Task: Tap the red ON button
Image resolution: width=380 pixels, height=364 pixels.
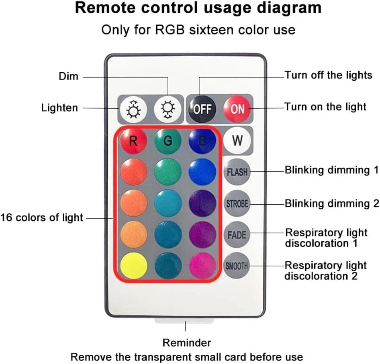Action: tap(237, 108)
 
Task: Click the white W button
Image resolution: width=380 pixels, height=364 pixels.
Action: tap(237, 141)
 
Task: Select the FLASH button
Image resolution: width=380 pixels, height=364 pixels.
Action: tap(237, 172)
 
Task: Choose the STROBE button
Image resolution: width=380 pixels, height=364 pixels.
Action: tap(237, 203)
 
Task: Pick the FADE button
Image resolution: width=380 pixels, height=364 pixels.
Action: tap(237, 234)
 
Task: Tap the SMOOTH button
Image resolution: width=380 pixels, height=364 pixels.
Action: tap(237, 265)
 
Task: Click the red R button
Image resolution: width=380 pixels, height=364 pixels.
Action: tap(133, 141)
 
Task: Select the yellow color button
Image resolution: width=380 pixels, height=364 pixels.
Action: tap(133, 266)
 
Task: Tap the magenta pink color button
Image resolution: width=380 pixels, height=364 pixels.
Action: tap(202, 266)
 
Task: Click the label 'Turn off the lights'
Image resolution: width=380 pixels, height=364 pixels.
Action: tap(328, 75)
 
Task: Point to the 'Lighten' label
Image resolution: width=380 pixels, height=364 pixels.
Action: tap(59, 108)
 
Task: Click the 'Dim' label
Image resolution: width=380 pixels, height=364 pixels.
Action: tap(69, 76)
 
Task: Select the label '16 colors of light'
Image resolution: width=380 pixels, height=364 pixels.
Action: tap(42, 218)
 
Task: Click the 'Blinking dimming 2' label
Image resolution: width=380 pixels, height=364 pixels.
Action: tap(332, 203)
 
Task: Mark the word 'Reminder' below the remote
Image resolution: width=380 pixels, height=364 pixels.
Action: tap(186, 343)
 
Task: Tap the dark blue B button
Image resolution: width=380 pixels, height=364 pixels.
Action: tap(202, 141)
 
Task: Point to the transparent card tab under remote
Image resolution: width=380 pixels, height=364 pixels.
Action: tap(185, 321)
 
